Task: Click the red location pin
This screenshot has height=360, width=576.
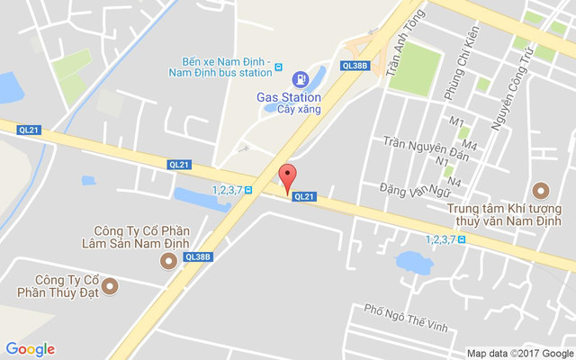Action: (x=287, y=176)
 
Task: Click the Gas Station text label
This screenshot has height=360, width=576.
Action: (x=289, y=96)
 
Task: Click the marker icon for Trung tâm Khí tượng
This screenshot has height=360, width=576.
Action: (x=540, y=191)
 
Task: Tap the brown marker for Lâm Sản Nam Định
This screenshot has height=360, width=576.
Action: (x=167, y=261)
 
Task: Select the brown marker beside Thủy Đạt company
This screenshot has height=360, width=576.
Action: (x=110, y=286)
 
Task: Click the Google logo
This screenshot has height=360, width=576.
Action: (x=30, y=349)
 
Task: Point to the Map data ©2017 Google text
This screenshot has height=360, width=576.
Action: (x=519, y=353)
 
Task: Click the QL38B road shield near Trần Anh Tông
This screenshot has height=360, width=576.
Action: (x=355, y=65)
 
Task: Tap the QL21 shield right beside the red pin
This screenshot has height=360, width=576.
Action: (x=306, y=196)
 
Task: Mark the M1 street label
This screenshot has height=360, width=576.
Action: (x=456, y=121)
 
